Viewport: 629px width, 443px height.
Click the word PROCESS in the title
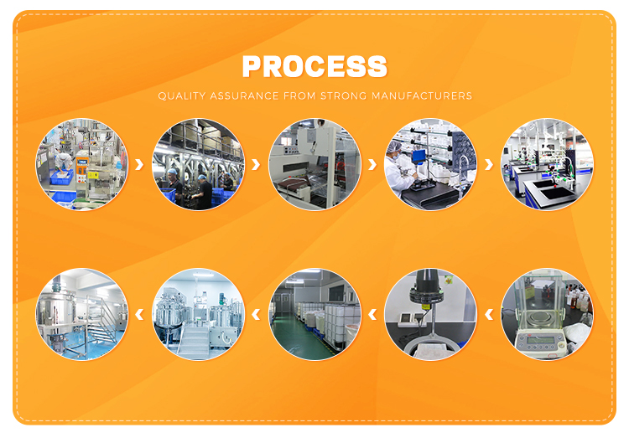(314, 66)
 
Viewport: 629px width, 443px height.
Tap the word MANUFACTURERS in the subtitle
(422, 96)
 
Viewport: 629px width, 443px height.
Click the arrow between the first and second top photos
(139, 164)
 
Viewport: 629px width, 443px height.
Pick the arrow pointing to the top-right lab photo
(489, 164)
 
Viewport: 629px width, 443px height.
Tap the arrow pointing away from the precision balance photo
(489, 314)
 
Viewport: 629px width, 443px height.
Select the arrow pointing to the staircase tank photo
(139, 314)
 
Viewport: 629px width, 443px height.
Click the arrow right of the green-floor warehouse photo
(372, 314)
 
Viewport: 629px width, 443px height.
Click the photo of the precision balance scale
(547, 314)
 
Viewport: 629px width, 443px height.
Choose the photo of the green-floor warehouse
(314, 314)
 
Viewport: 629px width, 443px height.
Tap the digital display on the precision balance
(541, 341)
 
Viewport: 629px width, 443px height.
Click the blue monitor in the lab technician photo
(418, 156)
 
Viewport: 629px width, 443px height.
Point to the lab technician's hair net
(396, 147)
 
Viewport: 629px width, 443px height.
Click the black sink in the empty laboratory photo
(556, 193)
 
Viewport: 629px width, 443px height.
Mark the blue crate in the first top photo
(61, 177)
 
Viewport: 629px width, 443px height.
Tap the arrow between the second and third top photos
(256, 164)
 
